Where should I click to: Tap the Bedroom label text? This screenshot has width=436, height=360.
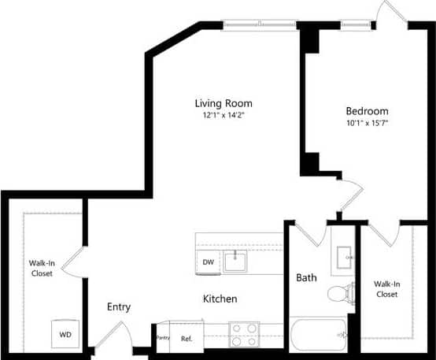coord(367,110)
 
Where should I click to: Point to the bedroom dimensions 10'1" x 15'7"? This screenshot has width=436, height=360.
coord(367,122)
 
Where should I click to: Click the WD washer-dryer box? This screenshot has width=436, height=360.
coord(65,333)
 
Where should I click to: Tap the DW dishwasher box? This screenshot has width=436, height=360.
coord(209,262)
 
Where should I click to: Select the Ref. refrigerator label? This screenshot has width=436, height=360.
coord(187,338)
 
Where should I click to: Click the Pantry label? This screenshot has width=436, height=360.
coord(164,338)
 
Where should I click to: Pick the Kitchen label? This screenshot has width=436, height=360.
coord(220,299)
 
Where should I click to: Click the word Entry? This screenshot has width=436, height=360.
coord(119,307)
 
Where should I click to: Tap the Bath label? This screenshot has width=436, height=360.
coord(307,278)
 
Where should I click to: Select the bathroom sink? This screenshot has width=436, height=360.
coord(344,257)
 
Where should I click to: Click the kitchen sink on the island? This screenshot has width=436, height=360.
coord(235,261)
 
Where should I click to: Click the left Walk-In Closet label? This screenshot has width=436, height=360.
coord(41,269)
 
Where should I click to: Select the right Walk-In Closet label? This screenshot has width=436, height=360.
coord(386,288)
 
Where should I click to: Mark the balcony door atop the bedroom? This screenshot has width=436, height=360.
coord(391,14)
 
